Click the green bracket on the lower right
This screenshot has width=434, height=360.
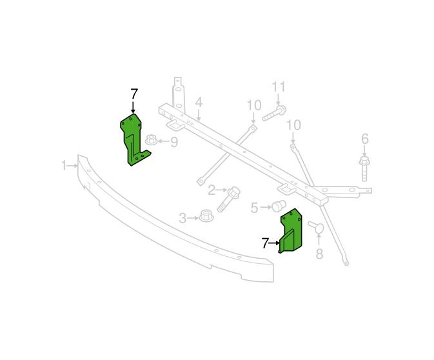coord(291,231)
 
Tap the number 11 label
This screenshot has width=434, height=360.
coord(279,87)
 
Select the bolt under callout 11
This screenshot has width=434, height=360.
coord(274,114)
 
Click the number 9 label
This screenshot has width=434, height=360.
coord(174,142)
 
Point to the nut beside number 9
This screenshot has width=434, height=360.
coord(151,139)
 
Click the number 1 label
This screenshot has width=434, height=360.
coord(64,166)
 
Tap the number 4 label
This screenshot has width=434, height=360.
coord(199,103)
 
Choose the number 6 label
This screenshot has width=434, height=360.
coord(365,139)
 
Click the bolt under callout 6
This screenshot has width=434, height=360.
coord(364,169)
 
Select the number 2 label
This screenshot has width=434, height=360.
coord(212,190)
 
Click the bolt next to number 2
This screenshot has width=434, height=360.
coord(228,199)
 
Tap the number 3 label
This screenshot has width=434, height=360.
coord(182,218)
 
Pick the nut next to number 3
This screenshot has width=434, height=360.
coord(206,215)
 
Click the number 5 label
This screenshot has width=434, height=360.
coord(254,207)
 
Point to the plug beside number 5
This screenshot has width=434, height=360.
coord(279,205)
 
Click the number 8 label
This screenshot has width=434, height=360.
coord(319,254)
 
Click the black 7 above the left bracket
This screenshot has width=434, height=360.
coord(134,94)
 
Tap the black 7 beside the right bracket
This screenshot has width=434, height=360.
coord(265,243)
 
